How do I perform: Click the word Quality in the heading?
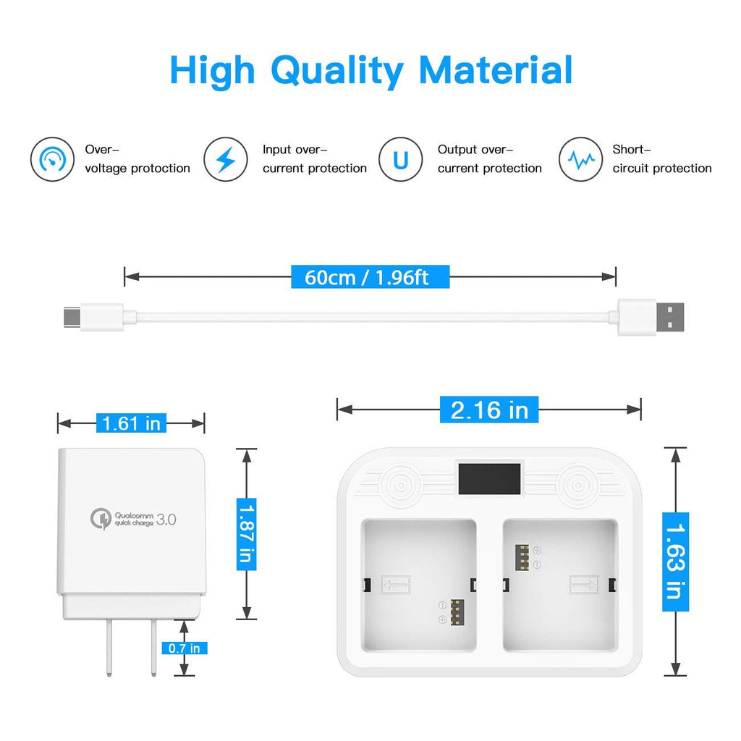click(337, 71)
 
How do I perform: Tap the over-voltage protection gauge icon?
click(52, 159)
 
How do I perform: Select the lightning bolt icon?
click(226, 159)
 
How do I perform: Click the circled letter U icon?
click(401, 159)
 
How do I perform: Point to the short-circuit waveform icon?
click(580, 159)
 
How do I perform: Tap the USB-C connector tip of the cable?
click(72, 317)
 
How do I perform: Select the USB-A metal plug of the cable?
click(669, 317)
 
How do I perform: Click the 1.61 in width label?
click(132, 423)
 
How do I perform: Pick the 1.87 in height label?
click(246, 534)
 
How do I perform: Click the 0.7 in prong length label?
click(185, 648)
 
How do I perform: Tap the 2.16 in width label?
click(489, 410)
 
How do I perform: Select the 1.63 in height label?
click(675, 562)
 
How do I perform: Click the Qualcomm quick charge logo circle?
click(101, 519)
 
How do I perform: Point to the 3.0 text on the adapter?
click(166, 520)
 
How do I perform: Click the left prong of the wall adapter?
click(109, 647)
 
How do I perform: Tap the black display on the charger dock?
click(490, 479)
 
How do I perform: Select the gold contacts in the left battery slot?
click(457, 612)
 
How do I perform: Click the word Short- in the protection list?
click(632, 149)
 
